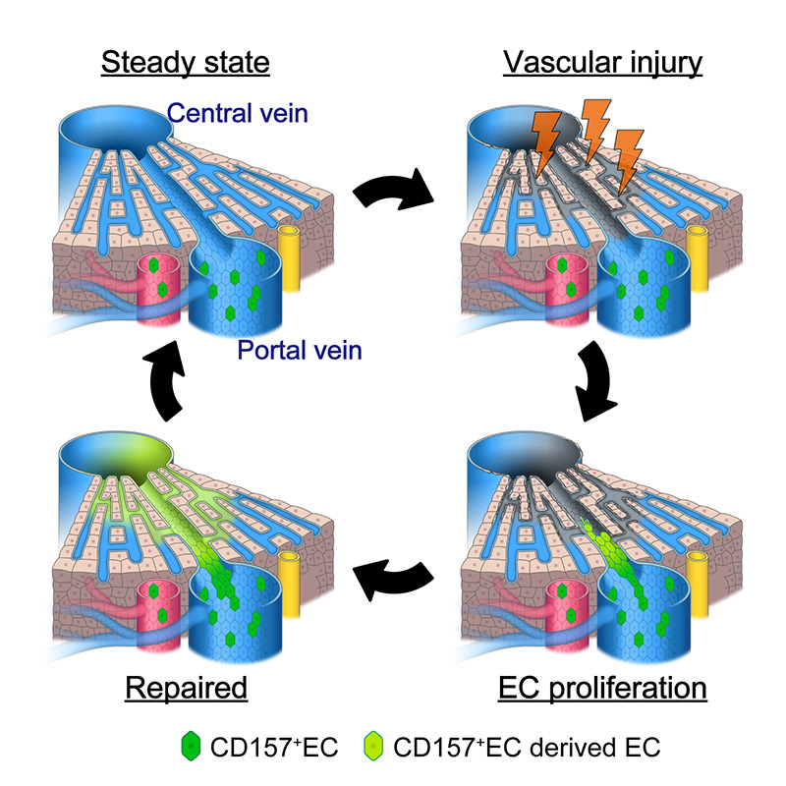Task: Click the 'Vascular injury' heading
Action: click(x=603, y=65)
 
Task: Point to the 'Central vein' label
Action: click(x=238, y=114)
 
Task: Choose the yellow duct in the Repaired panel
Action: click(x=291, y=582)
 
